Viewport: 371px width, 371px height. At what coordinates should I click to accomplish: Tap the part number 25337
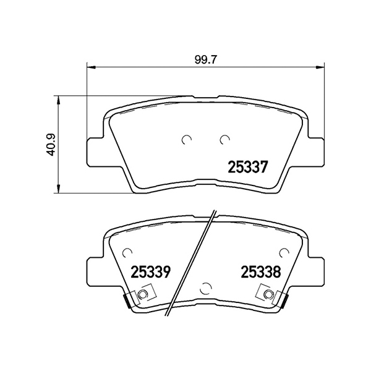coord(247,166)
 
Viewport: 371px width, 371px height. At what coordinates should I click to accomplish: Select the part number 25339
coord(151,271)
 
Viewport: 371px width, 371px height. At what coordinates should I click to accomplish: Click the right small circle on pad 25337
coord(224,140)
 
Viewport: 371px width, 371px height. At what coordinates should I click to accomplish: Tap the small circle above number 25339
coord(128,252)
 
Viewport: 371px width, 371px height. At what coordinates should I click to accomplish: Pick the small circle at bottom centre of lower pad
coord(207,288)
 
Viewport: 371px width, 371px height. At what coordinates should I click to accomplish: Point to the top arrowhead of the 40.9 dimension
coord(59,98)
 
